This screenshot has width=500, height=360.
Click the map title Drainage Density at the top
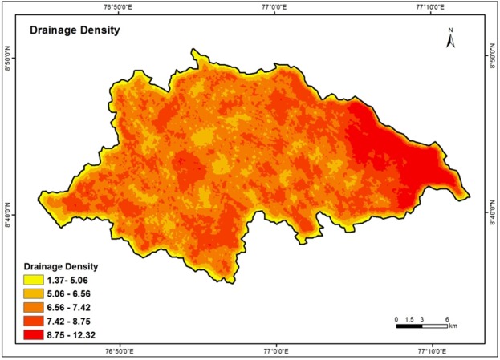click(75, 31)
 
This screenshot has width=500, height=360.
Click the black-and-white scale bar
click(421, 326)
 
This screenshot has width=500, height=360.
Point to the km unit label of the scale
click(453, 327)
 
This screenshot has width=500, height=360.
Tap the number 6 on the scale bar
click(446, 319)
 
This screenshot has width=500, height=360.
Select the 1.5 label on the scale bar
click(409, 319)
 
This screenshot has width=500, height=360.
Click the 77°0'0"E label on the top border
click(274, 7)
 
